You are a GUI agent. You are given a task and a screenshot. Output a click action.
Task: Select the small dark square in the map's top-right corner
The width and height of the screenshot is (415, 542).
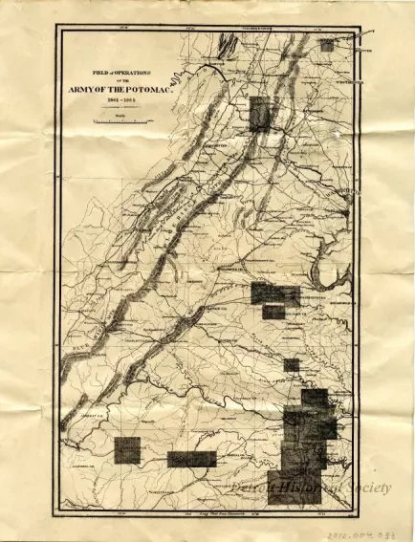pos(327,44)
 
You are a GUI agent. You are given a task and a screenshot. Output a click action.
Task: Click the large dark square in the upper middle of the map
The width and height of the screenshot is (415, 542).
pos(259,113)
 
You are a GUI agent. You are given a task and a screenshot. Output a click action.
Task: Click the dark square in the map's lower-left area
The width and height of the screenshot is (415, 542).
pos(126,450)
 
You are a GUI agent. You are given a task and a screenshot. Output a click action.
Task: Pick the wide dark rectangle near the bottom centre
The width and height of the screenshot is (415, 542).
pos(192,459)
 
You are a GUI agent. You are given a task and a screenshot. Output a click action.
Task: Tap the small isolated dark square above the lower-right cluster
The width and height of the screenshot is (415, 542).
pos(291,364)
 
